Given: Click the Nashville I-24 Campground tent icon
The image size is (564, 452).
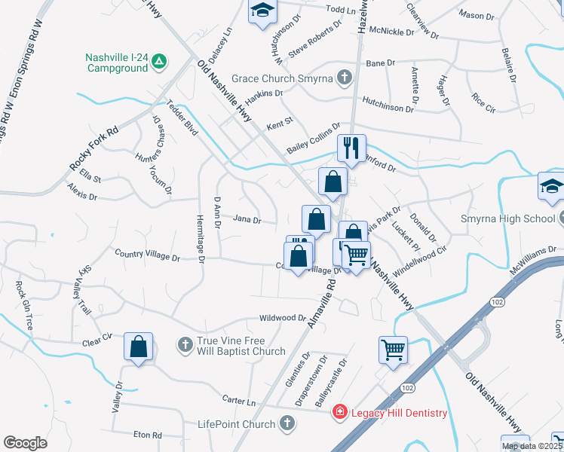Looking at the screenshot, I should click(159, 63).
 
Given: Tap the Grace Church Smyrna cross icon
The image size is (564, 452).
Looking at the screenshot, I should click(344, 77).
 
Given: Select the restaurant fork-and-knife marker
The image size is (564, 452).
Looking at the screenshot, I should click(351, 147).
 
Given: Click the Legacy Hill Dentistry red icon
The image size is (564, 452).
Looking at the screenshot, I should click(340, 412).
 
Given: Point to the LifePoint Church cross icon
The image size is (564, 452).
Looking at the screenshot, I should click(286, 424).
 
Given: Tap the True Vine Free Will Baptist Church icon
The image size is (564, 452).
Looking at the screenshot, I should click(185, 345).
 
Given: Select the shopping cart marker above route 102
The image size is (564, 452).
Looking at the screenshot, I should click(393, 350).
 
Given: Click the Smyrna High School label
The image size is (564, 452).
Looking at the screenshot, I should click(507, 220).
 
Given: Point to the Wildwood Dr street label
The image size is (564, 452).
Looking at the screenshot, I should click(283, 318).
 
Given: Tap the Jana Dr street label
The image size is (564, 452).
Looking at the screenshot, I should click(247, 221).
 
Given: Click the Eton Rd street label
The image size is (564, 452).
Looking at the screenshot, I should click(148, 435).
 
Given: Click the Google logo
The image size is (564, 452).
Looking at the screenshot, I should click(25, 442).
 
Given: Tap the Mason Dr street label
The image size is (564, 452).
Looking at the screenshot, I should click(477, 15).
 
